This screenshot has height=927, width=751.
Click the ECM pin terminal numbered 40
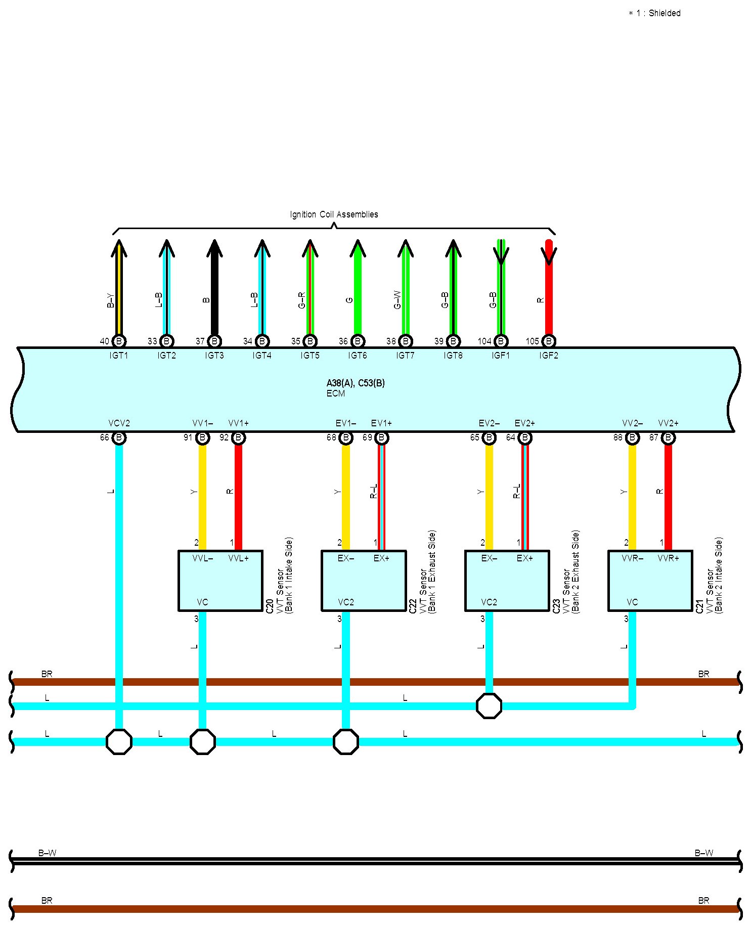(x=119, y=341)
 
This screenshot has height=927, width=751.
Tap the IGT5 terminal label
(x=310, y=356)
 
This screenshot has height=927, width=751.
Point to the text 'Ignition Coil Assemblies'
(x=334, y=214)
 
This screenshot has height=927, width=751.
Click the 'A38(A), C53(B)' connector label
(x=356, y=383)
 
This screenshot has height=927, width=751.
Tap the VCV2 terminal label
(x=119, y=423)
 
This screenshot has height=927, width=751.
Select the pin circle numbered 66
(x=119, y=437)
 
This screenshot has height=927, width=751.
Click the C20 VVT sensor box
(x=220, y=581)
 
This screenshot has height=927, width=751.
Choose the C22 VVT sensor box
(x=364, y=581)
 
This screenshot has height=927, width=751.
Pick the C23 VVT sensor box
(x=507, y=581)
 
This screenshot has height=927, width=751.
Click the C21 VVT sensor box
(x=650, y=581)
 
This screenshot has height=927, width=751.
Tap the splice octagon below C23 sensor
(x=489, y=705)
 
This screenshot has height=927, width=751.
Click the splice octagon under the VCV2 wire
(x=119, y=741)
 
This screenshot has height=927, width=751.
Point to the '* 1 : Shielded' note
(x=654, y=13)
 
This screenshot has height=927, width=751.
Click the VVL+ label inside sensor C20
(x=238, y=558)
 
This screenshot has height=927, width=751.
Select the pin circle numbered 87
(x=668, y=437)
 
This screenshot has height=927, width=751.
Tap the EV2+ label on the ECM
(x=524, y=423)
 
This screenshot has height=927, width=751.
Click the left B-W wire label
(x=47, y=853)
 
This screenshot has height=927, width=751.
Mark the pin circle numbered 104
(x=501, y=341)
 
